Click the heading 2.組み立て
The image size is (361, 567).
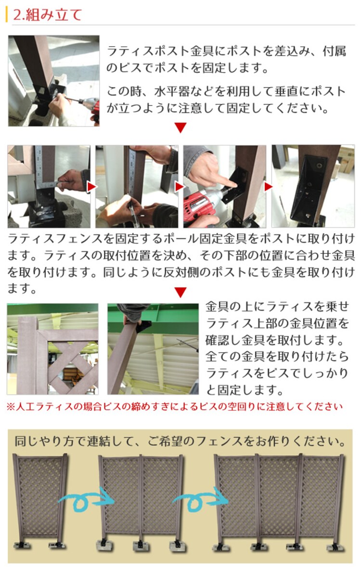47,14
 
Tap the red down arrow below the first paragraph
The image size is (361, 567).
180,127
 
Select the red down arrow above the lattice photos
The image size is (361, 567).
180,292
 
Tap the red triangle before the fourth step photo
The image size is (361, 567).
268,186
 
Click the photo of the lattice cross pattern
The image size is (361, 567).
52,349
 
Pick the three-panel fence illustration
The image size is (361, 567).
279,500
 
